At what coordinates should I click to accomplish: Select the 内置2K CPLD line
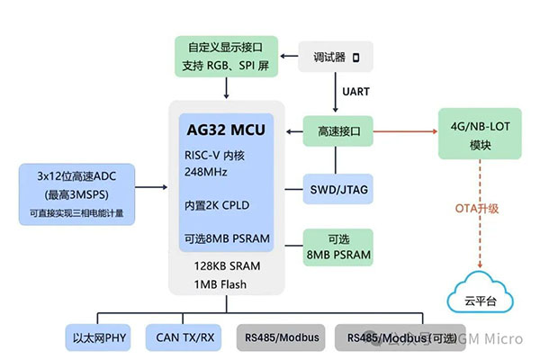point(216,204)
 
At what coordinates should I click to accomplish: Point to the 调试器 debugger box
point(332,58)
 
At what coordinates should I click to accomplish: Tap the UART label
point(357,91)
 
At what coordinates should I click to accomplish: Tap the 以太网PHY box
point(99,339)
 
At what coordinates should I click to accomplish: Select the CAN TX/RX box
point(184,339)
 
